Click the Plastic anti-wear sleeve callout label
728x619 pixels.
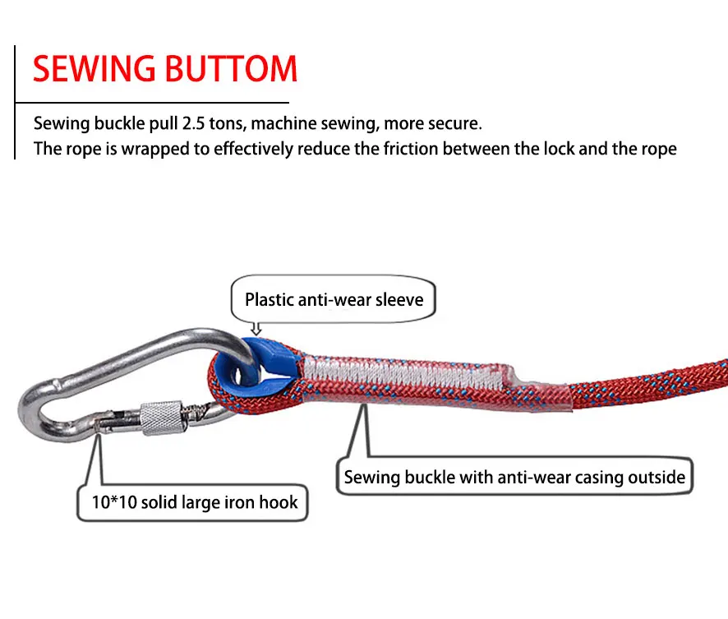334,298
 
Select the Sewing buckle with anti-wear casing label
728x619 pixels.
514,477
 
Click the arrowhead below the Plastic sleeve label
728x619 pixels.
256,330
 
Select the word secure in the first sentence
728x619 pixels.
455,124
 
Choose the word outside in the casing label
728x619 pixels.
656,477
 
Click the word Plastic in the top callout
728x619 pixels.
270,298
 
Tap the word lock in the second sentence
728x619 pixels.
546,149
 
